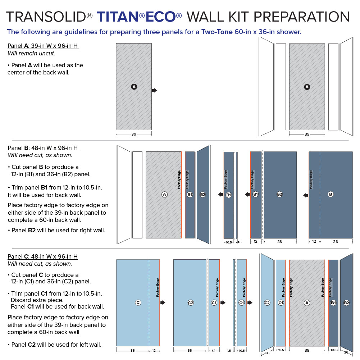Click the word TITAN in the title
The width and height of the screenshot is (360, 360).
coord(117,17)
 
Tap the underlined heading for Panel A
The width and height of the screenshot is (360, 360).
coord(43,46)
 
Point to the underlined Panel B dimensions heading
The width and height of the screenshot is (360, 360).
coord(43,148)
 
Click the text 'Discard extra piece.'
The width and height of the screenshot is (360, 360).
coord(37,300)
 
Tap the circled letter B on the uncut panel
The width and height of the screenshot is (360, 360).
coord(331,195)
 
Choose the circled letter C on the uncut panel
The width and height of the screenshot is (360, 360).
coord(138,303)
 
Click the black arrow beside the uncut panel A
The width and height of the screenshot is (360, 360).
coord(155,90)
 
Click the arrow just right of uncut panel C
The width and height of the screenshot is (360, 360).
coord(163,303)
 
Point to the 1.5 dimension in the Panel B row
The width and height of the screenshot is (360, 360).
coord(240,242)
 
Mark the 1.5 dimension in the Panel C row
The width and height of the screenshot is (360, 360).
coord(229,351)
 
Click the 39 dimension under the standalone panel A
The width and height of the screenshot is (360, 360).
coord(133,134)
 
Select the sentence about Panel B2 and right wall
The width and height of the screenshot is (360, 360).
coord(56,230)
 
